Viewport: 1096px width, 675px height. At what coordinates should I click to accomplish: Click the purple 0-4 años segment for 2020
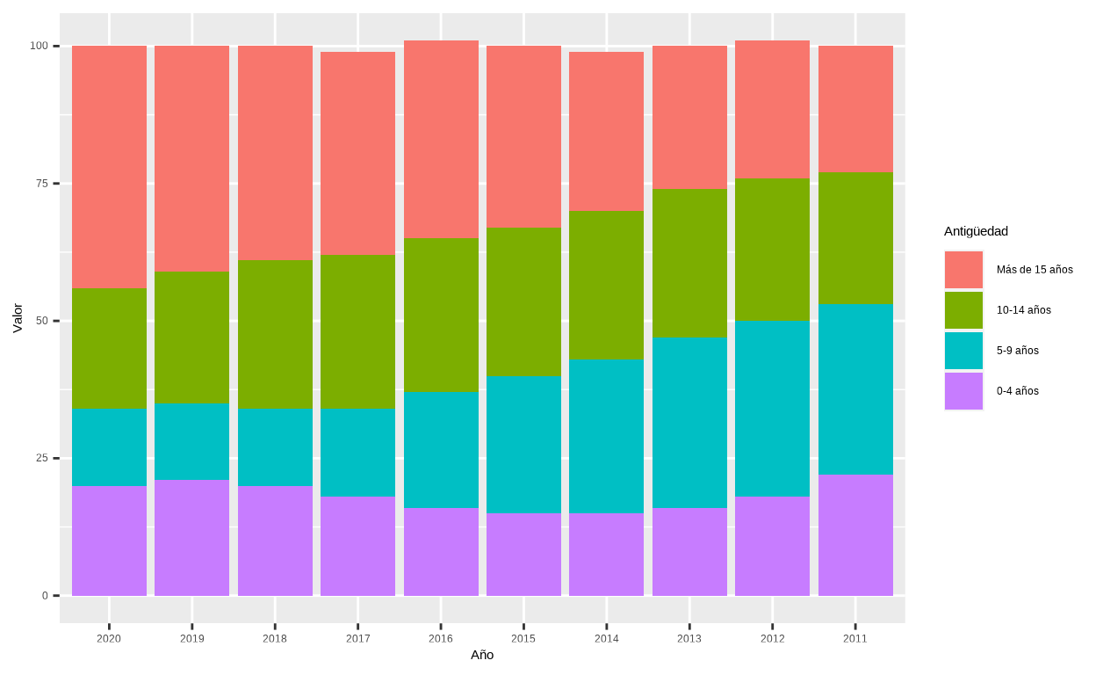click(x=109, y=541)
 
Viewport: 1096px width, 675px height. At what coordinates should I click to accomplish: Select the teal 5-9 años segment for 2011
click(x=855, y=389)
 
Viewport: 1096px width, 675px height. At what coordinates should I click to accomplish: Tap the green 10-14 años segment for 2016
click(x=441, y=315)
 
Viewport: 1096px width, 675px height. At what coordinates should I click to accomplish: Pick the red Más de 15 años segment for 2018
click(x=275, y=153)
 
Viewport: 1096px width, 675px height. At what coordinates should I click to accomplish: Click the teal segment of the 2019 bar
click(x=191, y=441)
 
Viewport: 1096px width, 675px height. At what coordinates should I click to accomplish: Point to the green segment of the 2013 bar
click(x=689, y=263)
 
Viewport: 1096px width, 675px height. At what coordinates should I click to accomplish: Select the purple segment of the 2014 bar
click(x=606, y=554)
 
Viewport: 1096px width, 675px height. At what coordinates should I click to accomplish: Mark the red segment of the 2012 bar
click(x=772, y=110)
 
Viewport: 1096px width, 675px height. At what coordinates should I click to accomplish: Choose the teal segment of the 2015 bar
click(x=523, y=444)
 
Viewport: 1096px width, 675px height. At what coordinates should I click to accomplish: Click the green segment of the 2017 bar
click(x=357, y=331)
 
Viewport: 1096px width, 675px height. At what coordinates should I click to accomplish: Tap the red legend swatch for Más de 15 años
click(x=963, y=270)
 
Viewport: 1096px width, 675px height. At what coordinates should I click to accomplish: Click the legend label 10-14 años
click(x=1023, y=310)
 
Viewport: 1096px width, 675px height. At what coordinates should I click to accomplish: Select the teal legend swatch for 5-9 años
click(x=963, y=351)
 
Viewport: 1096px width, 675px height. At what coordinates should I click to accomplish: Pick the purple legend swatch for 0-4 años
click(x=963, y=391)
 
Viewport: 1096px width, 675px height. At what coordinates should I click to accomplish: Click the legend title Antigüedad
click(x=976, y=231)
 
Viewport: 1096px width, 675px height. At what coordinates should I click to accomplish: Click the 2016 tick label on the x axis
click(x=441, y=639)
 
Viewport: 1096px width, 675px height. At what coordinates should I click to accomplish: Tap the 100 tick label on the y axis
click(x=39, y=46)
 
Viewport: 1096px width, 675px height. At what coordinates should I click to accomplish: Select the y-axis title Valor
click(x=18, y=318)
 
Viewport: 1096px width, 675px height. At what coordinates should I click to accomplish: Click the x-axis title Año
click(x=482, y=655)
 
